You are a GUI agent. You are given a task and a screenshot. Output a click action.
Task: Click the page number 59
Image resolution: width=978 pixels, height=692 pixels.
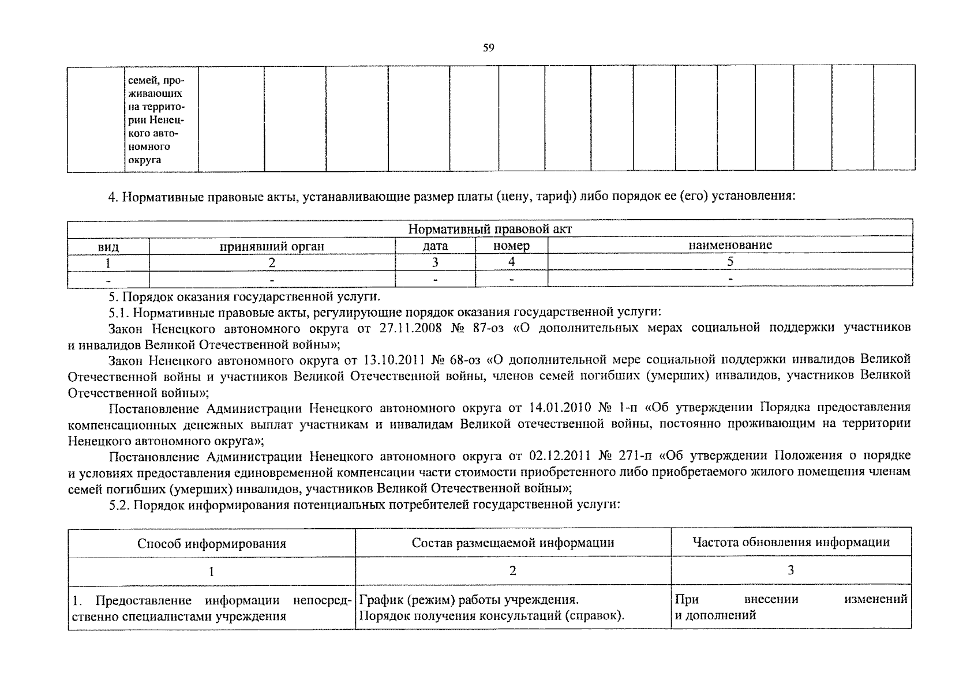(489, 48)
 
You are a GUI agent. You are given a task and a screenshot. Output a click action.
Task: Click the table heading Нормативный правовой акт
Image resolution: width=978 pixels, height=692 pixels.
(490, 229)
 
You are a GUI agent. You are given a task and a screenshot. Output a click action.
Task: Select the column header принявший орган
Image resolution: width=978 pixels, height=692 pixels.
(272, 246)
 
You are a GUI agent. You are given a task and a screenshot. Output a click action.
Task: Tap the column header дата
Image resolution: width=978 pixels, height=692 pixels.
(435, 246)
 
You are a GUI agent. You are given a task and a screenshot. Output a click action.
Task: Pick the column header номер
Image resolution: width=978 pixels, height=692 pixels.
(511, 246)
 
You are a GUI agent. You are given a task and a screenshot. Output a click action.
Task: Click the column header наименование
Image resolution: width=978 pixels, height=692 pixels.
(730, 245)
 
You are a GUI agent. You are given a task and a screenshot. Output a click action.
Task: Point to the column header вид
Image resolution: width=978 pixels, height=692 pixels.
(108, 247)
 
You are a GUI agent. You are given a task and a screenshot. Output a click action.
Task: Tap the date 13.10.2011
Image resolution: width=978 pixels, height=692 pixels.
(395, 360)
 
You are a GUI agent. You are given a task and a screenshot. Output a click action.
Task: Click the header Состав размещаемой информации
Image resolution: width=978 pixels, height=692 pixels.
(513, 543)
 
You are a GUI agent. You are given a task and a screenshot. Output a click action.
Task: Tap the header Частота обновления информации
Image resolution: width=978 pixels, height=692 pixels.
(791, 542)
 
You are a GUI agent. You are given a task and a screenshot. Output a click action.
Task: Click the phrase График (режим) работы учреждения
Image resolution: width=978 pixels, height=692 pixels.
(469, 600)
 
